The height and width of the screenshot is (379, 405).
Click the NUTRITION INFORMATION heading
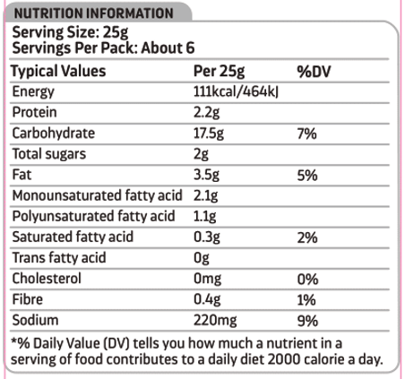(94, 13)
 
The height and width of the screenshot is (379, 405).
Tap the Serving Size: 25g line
(70, 32)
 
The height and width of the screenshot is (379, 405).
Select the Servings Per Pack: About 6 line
(103, 48)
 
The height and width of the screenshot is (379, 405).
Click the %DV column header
(314, 72)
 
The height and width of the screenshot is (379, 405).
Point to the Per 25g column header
(219, 72)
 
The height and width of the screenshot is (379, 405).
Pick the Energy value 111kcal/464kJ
(236, 91)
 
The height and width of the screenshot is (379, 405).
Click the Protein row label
(34, 112)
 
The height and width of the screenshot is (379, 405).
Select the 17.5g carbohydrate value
(209, 134)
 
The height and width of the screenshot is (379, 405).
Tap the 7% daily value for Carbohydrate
(306, 134)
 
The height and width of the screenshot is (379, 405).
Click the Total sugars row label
(49, 154)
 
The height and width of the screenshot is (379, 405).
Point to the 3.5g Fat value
(206, 175)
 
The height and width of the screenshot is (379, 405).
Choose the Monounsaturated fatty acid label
(97, 195)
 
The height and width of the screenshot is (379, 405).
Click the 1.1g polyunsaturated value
(204, 217)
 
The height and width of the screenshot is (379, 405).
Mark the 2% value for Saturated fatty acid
(307, 237)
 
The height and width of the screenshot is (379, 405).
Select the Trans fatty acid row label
(59, 258)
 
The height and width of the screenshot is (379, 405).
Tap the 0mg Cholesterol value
(207, 279)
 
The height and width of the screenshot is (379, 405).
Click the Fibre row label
(28, 299)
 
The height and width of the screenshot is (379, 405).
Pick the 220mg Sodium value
(215, 321)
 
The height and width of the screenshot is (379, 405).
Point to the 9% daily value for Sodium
(307, 321)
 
